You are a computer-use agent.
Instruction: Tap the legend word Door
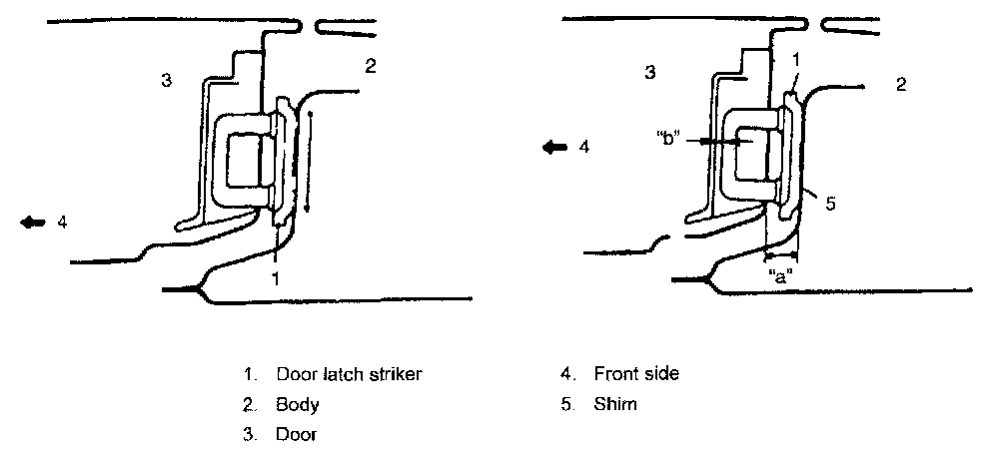coord(297,434)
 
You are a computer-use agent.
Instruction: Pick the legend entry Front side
coord(636,374)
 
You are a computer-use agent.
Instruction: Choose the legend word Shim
coord(615,404)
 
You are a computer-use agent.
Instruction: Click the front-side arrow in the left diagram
coord(33,223)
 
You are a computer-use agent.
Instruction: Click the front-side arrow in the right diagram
coord(554,147)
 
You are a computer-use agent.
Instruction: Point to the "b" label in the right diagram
coord(670,138)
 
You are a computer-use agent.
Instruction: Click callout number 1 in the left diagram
coord(275,279)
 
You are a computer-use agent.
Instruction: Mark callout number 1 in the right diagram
coord(796,60)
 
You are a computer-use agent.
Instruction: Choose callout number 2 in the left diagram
coord(371,67)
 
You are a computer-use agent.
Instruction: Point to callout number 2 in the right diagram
coord(901,85)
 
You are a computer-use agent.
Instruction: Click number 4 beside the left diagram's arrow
coord(62,223)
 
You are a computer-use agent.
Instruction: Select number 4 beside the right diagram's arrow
coord(583,147)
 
